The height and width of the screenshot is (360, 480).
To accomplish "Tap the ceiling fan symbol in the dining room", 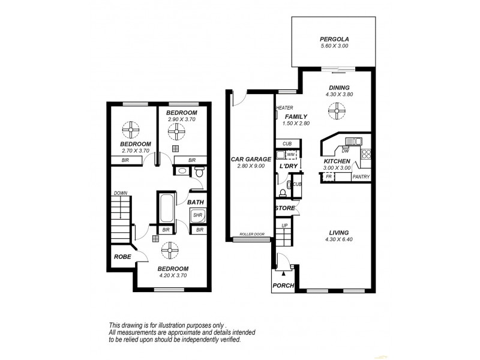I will pyautogui.click(x=337, y=110).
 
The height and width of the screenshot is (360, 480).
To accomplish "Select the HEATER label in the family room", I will pyautogui.click(x=283, y=109).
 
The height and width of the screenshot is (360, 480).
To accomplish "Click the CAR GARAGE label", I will pyautogui.click(x=251, y=159).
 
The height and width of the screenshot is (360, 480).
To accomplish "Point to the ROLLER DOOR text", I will pyautogui.click(x=251, y=235).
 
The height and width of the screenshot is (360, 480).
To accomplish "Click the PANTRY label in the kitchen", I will pyautogui.click(x=361, y=177).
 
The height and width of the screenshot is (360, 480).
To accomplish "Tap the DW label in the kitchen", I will pyautogui.click(x=346, y=151).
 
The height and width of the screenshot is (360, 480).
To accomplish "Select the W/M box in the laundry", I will pyautogui.click(x=291, y=155).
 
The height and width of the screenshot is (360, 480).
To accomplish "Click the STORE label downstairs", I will pyautogui.click(x=285, y=208).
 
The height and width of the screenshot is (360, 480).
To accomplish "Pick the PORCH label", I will pyautogui.click(x=283, y=286).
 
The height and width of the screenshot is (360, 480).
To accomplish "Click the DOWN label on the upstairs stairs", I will pyautogui.click(x=120, y=193).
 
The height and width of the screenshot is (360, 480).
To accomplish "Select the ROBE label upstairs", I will pyautogui.click(x=122, y=256).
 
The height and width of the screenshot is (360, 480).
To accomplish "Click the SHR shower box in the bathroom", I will pyautogui.click(x=198, y=214).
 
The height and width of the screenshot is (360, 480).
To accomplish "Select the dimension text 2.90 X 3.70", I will pyautogui.click(x=181, y=120).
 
